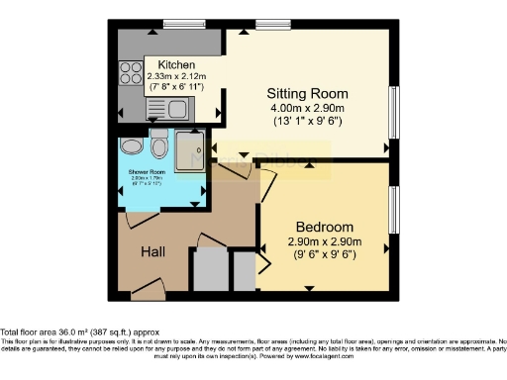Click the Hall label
coord(152,252)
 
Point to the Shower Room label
coord(146,171)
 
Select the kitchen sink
coord(176,110)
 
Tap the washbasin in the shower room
coord(131,145)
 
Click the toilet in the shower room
coord(160,146)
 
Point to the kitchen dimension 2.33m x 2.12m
coord(176,75)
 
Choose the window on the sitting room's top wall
coord(268,23)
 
